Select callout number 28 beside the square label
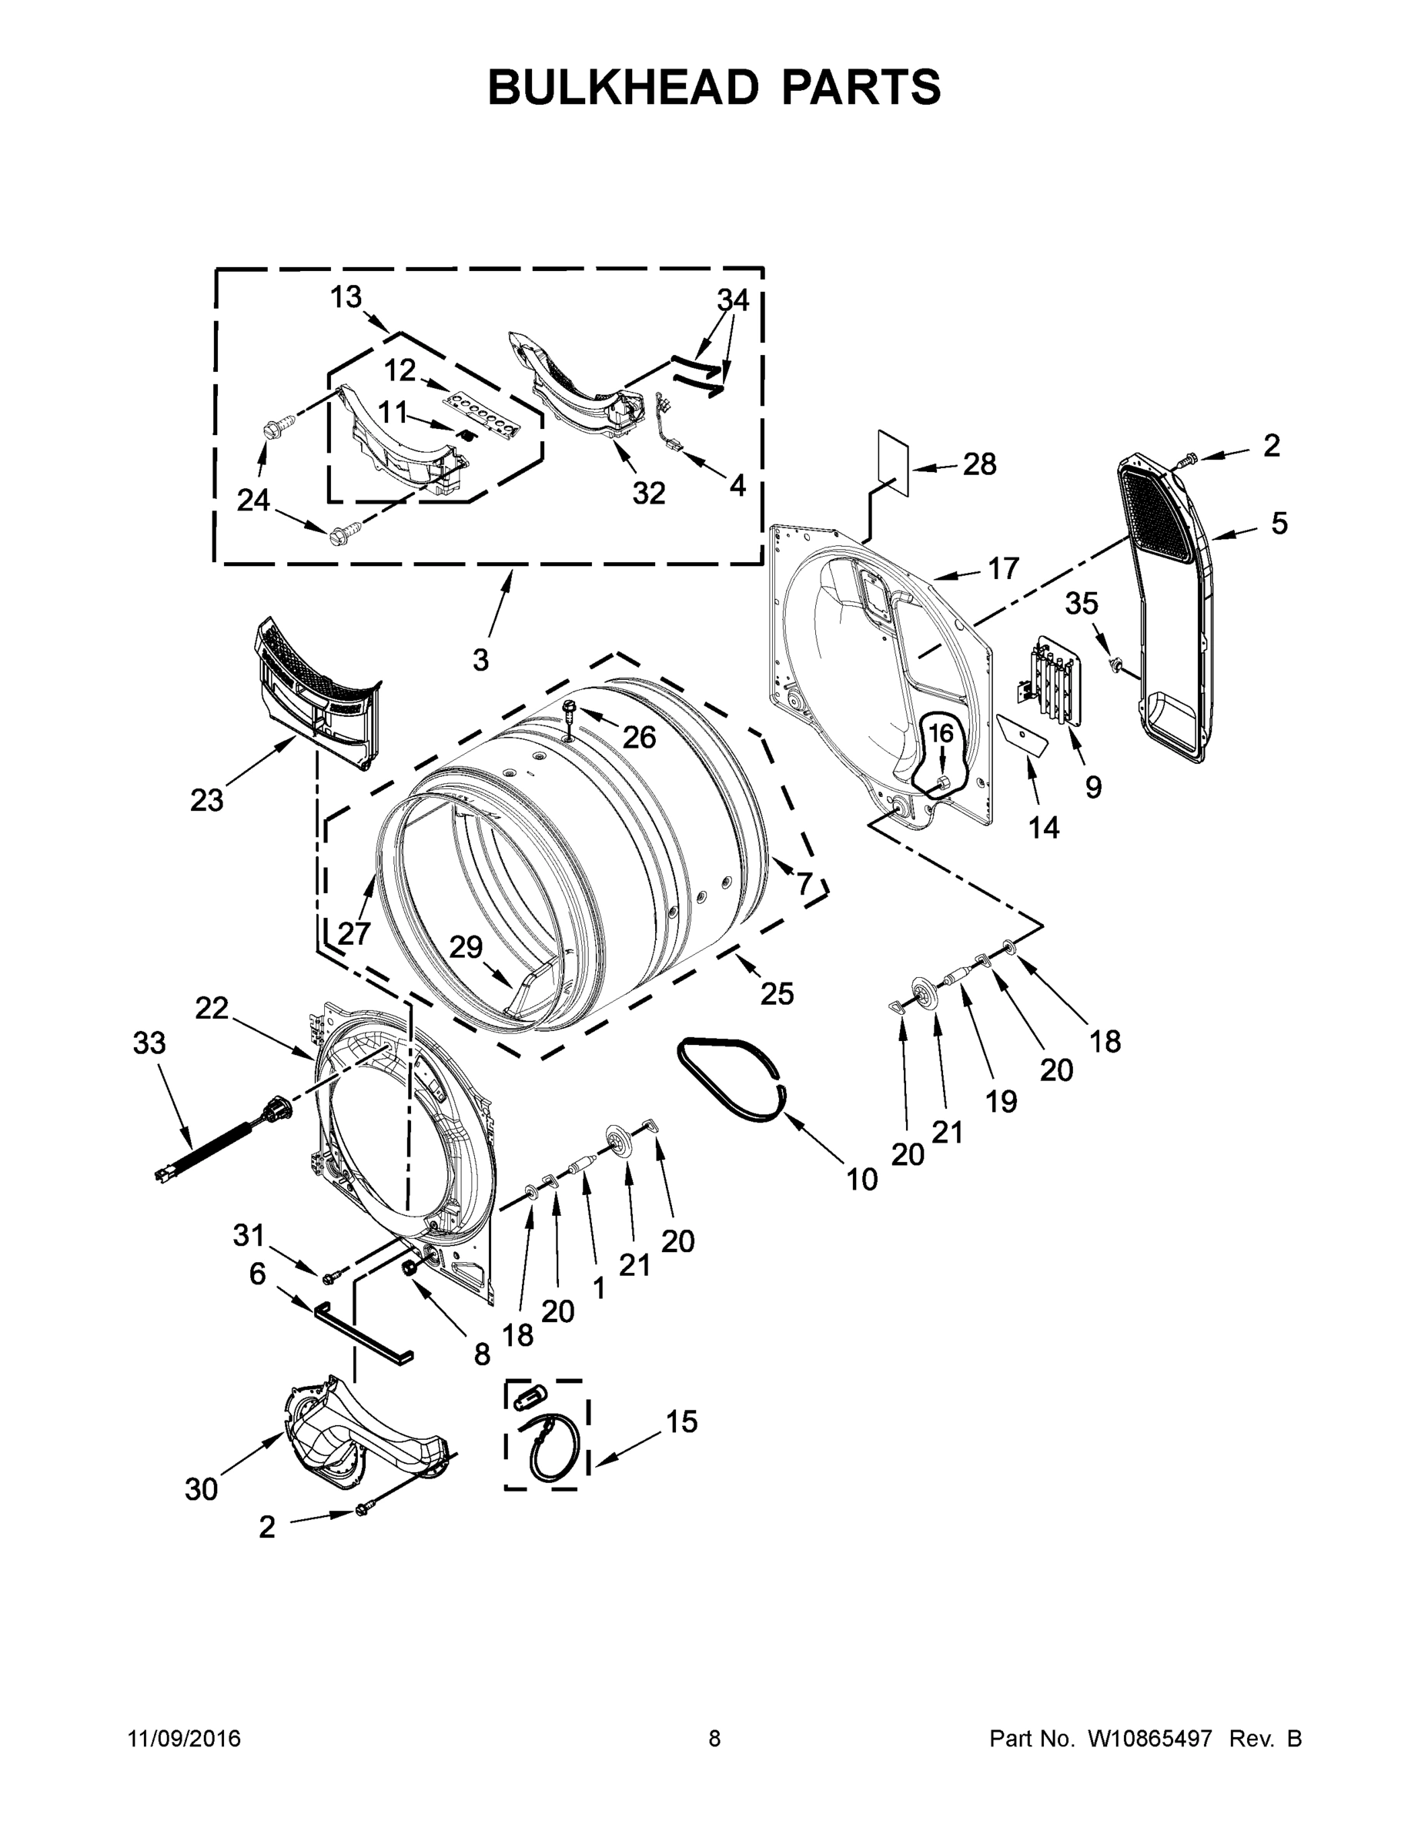[980, 464]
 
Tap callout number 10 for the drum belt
[861, 1180]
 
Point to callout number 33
[149, 1043]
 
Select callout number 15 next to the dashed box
[681, 1422]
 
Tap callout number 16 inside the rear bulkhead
[941, 734]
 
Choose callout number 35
[1081, 604]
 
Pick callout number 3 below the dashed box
[480, 659]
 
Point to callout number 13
[345, 297]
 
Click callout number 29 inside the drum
[465, 947]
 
